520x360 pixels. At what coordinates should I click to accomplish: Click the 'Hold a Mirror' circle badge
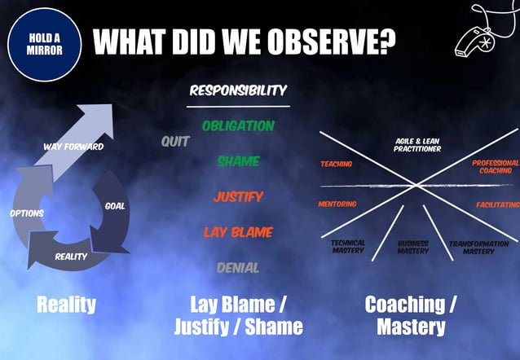click(x=45, y=45)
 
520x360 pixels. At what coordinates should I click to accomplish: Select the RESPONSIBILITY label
click(x=238, y=90)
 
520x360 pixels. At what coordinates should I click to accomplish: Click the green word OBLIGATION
click(x=238, y=126)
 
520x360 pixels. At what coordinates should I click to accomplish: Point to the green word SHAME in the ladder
click(x=238, y=161)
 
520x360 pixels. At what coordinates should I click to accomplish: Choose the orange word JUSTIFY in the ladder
click(x=238, y=196)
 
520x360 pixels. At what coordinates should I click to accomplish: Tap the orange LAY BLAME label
click(x=238, y=232)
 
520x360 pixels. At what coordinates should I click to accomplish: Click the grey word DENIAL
click(x=238, y=267)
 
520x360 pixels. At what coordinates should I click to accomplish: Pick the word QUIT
click(x=175, y=142)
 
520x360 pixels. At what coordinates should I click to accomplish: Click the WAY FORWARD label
click(x=73, y=147)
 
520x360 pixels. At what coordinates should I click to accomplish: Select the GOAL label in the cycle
click(x=115, y=206)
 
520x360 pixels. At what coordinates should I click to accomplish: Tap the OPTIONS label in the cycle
click(x=27, y=213)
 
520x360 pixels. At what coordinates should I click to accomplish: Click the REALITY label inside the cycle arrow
click(x=71, y=257)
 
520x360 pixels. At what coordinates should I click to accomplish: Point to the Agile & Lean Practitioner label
click(x=417, y=145)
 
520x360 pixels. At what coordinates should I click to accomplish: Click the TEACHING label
click(x=336, y=164)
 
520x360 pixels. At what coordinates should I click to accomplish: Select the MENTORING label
click(x=337, y=204)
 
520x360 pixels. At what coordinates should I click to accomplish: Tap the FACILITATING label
click(x=497, y=204)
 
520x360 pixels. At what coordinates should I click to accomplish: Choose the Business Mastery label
click(x=413, y=247)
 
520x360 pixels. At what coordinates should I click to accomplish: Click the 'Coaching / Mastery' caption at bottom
click(x=411, y=315)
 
